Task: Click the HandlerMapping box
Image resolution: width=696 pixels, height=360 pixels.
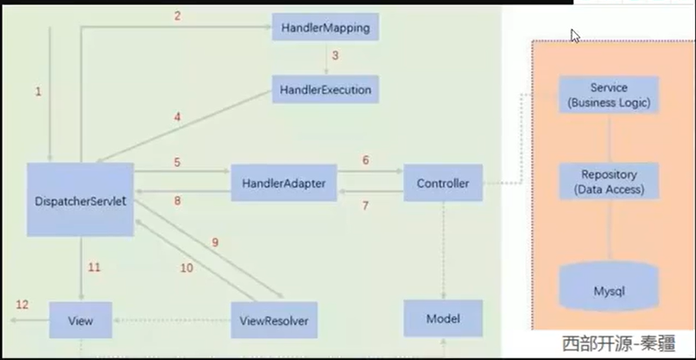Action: point(326,28)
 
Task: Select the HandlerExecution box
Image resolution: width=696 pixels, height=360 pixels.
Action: point(326,90)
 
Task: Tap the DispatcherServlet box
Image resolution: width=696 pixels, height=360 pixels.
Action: point(80,199)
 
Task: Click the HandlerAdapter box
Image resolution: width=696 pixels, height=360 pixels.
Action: point(283,184)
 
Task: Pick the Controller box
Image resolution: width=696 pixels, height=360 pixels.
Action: point(442,184)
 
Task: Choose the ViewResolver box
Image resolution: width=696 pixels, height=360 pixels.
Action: point(273,320)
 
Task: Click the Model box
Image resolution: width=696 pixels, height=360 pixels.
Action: point(442,318)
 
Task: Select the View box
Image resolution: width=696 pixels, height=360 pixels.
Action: point(82,320)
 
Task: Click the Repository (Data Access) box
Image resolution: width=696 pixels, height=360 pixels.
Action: point(609,182)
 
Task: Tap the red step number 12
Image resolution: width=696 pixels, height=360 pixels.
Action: point(21,304)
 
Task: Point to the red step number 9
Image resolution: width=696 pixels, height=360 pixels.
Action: point(213,241)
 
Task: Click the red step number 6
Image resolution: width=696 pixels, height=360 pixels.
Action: point(366,161)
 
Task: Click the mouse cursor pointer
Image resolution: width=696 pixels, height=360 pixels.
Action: point(575,35)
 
